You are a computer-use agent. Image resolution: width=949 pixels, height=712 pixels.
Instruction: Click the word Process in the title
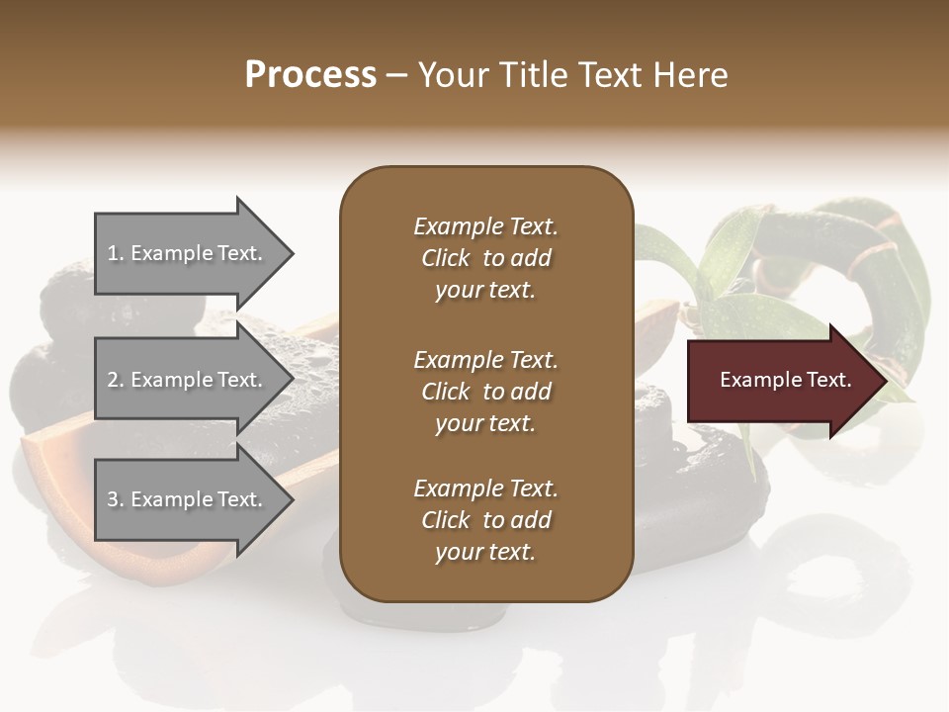click(310, 75)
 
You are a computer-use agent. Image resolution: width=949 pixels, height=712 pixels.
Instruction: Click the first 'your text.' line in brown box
click(485, 291)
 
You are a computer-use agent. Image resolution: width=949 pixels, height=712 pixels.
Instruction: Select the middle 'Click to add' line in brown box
click(485, 392)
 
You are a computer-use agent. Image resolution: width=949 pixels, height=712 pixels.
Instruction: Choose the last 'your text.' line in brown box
click(485, 553)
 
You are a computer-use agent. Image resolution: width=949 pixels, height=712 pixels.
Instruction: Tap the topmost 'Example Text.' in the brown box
click(485, 226)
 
